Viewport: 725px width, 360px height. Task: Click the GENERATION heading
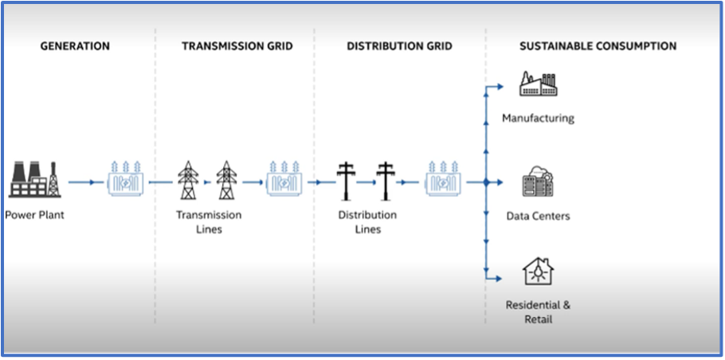tap(75, 46)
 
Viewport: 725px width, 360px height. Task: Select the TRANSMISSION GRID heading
tap(237, 46)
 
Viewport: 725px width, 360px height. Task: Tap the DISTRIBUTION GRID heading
tap(399, 46)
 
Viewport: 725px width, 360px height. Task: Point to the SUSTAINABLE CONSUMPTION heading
tap(598, 46)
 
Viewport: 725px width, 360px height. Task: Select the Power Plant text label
tap(34, 215)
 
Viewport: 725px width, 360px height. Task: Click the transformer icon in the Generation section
tap(126, 180)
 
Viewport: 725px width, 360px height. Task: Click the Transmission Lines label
tap(209, 222)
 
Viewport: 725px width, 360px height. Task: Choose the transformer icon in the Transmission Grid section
tap(284, 180)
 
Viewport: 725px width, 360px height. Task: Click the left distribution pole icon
tap(347, 181)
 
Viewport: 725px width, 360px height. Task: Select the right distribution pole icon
tap(386, 181)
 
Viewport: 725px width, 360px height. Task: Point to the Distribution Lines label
tap(367, 222)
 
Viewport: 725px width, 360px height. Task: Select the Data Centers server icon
tap(538, 182)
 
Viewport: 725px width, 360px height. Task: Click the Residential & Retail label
tap(538, 311)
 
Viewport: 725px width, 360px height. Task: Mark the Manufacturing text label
tap(538, 119)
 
